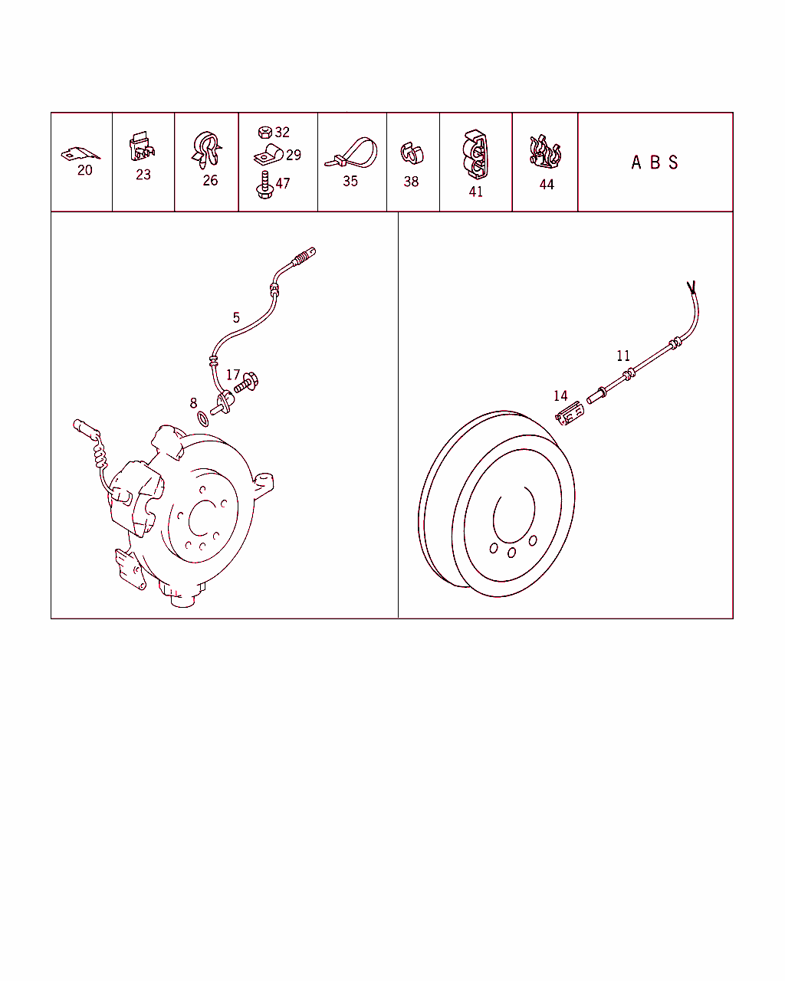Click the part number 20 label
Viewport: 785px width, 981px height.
(85, 170)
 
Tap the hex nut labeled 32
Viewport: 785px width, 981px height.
(265, 132)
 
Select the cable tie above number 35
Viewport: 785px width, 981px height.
(351, 153)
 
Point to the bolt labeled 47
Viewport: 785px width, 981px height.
(264, 185)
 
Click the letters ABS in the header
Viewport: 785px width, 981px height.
(655, 162)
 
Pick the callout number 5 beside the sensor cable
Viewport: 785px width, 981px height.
(236, 317)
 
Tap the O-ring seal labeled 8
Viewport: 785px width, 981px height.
(203, 419)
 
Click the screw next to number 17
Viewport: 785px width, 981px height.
(246, 382)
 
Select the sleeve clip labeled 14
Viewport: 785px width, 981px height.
(570, 413)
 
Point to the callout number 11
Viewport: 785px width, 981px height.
(623, 356)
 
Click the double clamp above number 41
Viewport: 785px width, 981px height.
(476, 155)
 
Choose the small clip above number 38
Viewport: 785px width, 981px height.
(412, 153)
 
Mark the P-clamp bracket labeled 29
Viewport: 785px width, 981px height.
(268, 156)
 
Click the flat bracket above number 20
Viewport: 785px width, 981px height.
(80, 153)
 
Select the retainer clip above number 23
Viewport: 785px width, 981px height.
(142, 146)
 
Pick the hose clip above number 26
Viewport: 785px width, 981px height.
(206, 150)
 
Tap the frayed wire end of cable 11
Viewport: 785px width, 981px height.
(691, 287)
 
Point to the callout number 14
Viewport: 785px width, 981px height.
(560, 395)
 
